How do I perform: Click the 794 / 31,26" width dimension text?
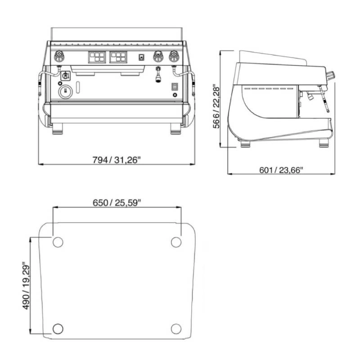pos(116,160)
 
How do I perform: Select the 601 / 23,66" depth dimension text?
pos(281,170)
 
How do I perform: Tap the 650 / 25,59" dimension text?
pos(117,203)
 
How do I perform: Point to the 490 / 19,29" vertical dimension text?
pos(26,287)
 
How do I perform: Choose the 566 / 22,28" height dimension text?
pos(216,108)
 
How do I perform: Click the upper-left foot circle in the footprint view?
pos(58,242)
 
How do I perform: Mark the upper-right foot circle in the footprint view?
pos(176,242)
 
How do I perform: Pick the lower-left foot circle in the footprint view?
pos(58,329)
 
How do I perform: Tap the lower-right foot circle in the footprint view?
pos(176,329)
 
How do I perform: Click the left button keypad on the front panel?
pos(97,57)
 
